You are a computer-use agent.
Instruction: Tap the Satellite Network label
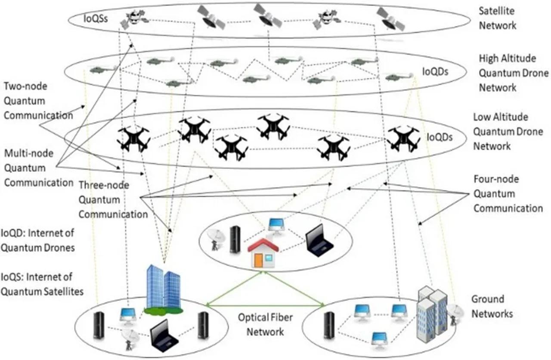point(498,18)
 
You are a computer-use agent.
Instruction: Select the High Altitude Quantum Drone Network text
point(501,73)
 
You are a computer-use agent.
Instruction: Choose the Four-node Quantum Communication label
point(508,193)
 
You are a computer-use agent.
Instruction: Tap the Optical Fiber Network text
point(265,325)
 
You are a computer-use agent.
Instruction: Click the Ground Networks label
point(492,306)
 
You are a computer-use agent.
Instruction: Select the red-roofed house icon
point(263,254)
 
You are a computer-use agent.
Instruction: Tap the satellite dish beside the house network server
point(215,239)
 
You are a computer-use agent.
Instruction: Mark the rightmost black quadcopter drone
point(403,139)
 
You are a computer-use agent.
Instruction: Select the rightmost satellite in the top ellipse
point(390,19)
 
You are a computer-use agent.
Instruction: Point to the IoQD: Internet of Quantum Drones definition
point(37,240)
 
